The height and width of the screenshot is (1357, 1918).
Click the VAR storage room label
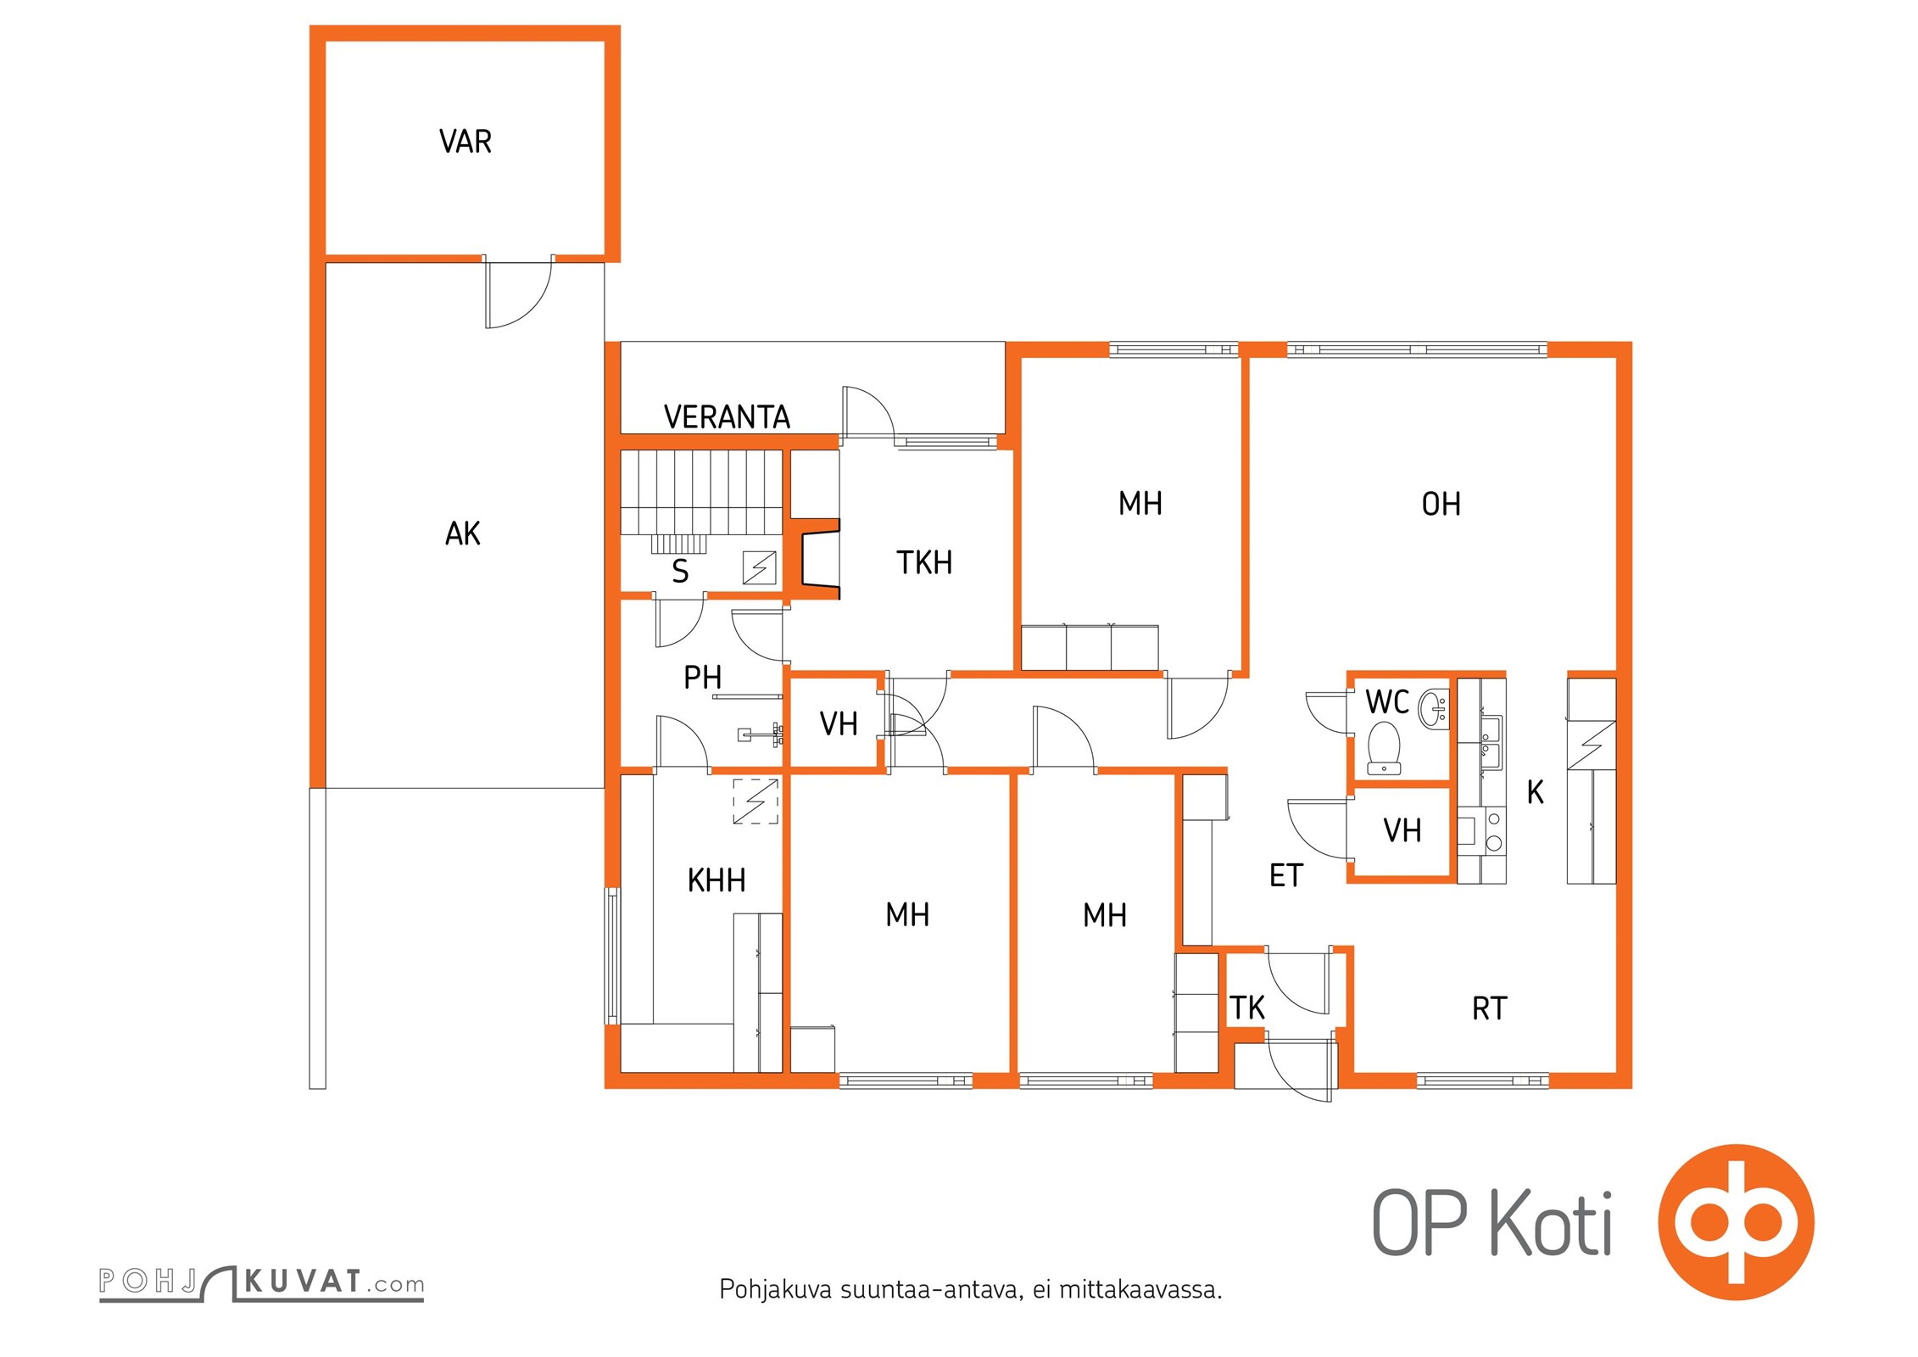pyautogui.click(x=466, y=142)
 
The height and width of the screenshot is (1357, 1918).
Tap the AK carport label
pyautogui.click(x=463, y=533)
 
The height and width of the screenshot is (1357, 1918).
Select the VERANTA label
pyautogui.click(x=727, y=417)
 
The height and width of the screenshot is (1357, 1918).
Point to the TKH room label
pyautogui.click(x=924, y=562)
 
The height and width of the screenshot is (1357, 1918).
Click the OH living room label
pyautogui.click(x=1441, y=505)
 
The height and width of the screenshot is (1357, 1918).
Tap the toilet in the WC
pyautogui.click(x=1384, y=747)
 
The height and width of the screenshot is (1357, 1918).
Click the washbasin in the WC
pyautogui.click(x=1434, y=709)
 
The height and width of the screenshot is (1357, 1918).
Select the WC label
pyautogui.click(x=1387, y=702)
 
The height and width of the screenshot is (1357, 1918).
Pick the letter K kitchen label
pyautogui.click(x=1535, y=792)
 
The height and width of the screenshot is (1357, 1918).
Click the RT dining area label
pyautogui.click(x=1490, y=1008)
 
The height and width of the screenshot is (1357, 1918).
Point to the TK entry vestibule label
pyautogui.click(x=1247, y=1008)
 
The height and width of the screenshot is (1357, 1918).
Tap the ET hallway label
pyautogui.click(x=1285, y=875)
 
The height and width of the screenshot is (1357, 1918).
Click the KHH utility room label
pyautogui.click(x=716, y=880)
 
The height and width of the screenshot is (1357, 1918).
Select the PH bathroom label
pyautogui.click(x=702, y=678)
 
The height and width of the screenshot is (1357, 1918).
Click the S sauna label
pyautogui.click(x=680, y=572)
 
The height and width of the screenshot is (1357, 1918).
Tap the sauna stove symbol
pyautogui.click(x=759, y=567)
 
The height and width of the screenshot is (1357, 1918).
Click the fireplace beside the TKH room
pyautogui.click(x=816, y=559)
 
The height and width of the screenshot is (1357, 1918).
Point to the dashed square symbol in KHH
pyautogui.click(x=755, y=801)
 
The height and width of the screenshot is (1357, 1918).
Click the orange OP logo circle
pyautogui.click(x=1736, y=1222)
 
